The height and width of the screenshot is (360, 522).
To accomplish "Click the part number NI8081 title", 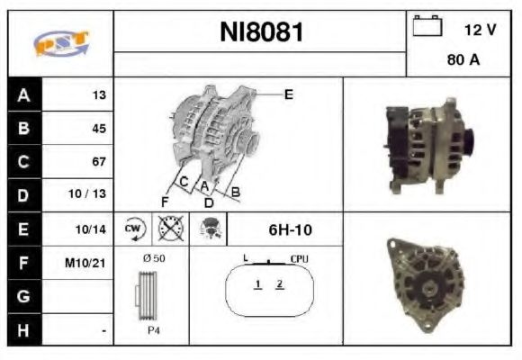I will pyautogui.click(x=262, y=33).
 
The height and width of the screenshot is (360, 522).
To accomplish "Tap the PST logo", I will pyautogui.click(x=59, y=43).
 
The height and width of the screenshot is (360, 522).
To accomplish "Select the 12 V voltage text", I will pyautogui.click(x=480, y=30).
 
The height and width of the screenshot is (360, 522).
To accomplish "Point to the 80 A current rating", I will pyautogui.click(x=463, y=62).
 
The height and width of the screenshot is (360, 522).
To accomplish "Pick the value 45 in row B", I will pyautogui.click(x=98, y=128).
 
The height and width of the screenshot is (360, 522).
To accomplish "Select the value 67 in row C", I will pyautogui.click(x=98, y=162).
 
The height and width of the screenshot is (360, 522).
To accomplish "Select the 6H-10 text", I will pyautogui.click(x=291, y=229).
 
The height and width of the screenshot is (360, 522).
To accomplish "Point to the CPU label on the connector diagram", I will pyautogui.click(x=300, y=259).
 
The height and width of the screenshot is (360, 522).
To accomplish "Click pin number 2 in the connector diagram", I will pyautogui.click(x=280, y=284).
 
